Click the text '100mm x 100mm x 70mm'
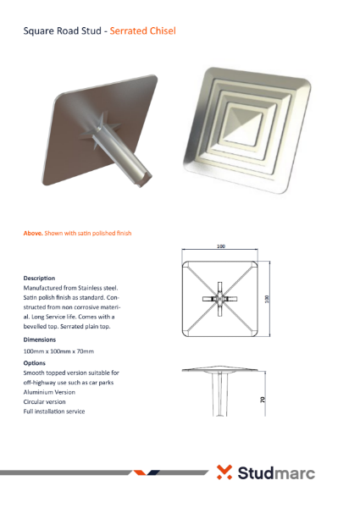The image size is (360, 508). point(58,351)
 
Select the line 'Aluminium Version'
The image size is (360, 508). point(49,392)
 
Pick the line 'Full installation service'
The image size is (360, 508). point(54,411)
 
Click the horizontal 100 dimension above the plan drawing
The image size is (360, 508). point(220,247)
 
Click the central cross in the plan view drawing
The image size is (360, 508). point(219,300)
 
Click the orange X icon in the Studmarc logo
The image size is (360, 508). point(224,472)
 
